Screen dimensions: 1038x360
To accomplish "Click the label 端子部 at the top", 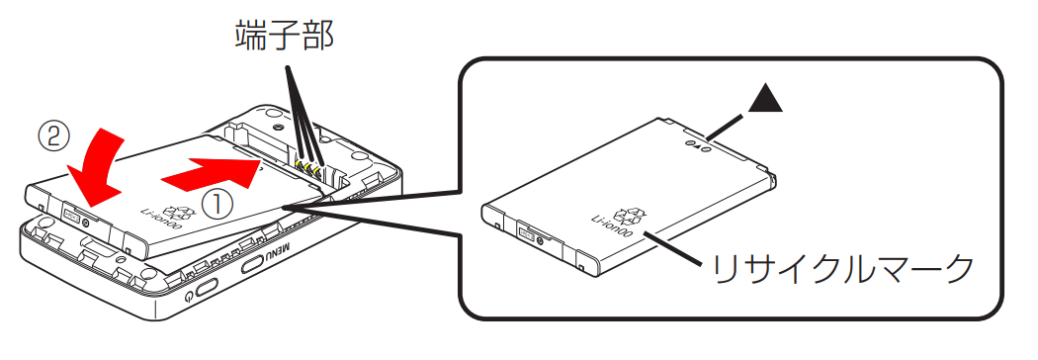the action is tap(285, 37).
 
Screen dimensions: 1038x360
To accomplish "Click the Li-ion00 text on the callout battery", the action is tap(611, 227).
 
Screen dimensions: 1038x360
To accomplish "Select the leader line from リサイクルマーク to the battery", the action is tap(673, 247).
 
